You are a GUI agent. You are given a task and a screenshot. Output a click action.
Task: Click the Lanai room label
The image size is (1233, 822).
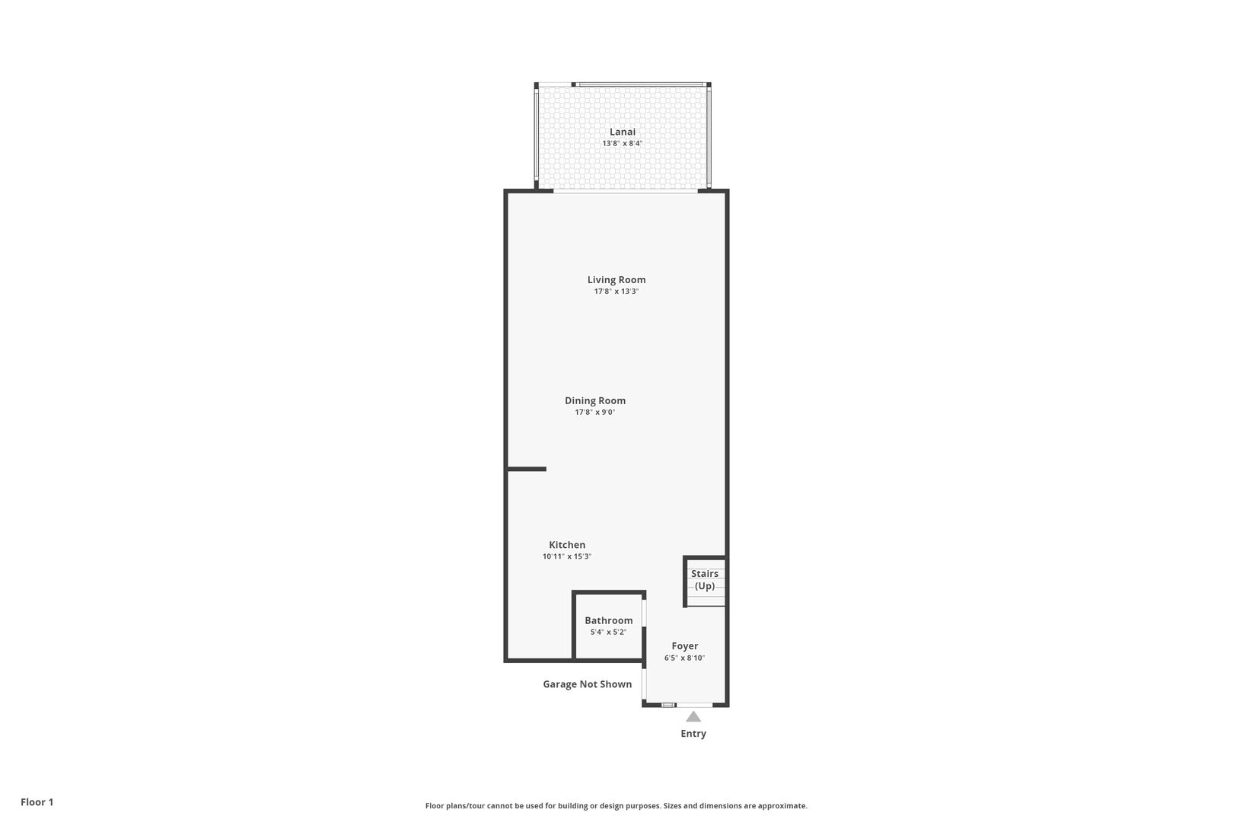[622, 132]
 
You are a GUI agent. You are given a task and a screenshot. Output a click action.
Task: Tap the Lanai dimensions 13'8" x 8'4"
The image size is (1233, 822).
[622, 143]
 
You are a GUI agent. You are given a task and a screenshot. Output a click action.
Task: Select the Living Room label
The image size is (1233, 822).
[616, 279]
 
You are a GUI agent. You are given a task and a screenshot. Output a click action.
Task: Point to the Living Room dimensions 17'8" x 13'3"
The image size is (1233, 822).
[616, 292]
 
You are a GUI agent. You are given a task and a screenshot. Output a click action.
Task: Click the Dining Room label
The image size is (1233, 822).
[595, 401]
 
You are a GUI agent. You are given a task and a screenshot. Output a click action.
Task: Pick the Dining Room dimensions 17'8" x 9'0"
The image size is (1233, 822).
[595, 413]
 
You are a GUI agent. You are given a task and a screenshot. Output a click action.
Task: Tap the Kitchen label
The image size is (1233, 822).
[567, 545]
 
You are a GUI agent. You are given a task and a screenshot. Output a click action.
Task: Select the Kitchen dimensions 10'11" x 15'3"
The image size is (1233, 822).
[567, 556]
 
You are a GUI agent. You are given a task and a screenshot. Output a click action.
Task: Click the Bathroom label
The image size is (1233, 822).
[609, 620]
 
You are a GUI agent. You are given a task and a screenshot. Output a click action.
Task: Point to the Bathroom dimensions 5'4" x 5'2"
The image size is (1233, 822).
[609, 632]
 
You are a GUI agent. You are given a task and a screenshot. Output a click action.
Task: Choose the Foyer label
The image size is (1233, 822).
[685, 646]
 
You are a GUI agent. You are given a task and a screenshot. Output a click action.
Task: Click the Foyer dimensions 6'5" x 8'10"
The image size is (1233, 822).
[685, 658]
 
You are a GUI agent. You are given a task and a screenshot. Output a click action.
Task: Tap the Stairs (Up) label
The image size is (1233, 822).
[705, 580]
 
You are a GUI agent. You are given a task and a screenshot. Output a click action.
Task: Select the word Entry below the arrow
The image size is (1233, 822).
[693, 734]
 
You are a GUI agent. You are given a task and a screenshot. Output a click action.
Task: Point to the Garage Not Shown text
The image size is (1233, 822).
[588, 684]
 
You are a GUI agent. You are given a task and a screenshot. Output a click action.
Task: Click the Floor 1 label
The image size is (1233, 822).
[37, 802]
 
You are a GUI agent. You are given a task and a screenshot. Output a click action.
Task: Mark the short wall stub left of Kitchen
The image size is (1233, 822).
[527, 469]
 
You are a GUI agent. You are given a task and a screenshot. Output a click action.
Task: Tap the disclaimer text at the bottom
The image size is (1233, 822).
[616, 806]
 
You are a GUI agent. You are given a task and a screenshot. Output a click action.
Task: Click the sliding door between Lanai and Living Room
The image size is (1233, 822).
[626, 191]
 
